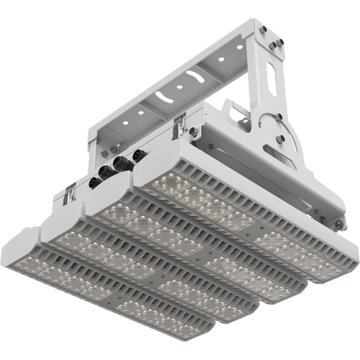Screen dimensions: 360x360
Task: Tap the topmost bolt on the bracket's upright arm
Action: coord(265,31)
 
